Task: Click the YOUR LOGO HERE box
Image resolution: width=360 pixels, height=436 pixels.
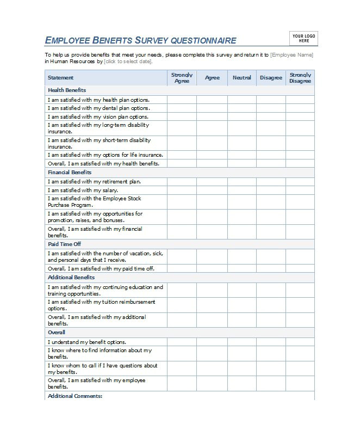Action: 304,38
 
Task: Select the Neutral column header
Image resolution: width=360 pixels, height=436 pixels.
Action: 242,78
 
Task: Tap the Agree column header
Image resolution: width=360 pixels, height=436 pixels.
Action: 212,78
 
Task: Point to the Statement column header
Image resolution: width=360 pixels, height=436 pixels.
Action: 60,78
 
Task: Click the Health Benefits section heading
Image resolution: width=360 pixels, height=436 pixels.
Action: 67,90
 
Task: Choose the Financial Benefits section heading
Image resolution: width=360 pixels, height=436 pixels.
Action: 70,173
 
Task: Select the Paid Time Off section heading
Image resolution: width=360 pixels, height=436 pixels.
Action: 64,244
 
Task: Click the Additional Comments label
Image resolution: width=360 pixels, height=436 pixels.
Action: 75,396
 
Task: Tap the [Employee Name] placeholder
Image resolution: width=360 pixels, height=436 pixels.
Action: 291,55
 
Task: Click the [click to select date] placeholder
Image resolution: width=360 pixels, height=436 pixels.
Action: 128,62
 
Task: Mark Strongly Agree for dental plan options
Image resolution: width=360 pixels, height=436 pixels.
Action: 182,108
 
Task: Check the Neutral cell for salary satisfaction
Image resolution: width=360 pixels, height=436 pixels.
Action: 242,191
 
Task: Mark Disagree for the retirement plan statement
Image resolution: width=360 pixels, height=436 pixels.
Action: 271,182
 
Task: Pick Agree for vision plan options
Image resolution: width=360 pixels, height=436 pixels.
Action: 212,116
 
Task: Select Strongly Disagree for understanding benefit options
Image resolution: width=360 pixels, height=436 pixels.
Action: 300,342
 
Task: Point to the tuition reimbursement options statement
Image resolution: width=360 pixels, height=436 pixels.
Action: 101,305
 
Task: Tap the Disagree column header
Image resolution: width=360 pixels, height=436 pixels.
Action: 271,78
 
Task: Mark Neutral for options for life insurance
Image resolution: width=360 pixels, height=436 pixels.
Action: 242,155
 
